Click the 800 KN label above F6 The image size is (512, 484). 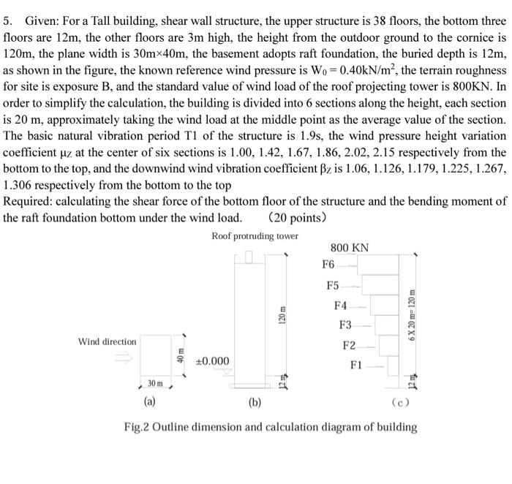coord(350,248)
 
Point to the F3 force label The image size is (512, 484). coord(345,324)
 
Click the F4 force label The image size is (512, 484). coord(340,305)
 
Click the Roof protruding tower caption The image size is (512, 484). coord(255,235)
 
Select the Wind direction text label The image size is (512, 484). coord(107,341)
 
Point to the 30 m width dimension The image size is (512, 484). coord(156,383)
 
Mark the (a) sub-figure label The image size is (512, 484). coord(148,401)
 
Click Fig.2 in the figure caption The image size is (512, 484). coord(138,427)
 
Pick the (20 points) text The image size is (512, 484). coord(297,217)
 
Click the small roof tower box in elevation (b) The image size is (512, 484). coord(249,256)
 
